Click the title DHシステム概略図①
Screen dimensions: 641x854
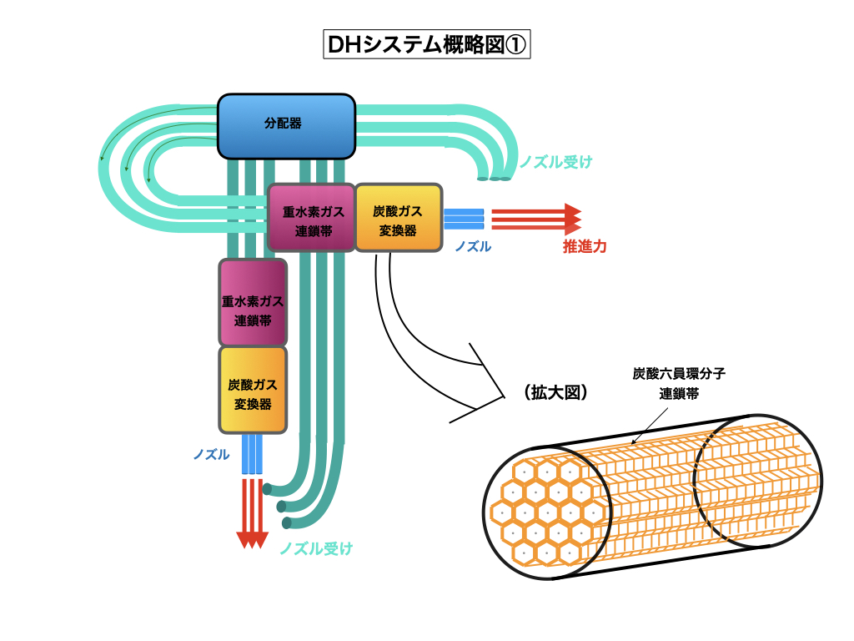[425, 45]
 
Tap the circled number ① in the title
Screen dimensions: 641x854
[515, 45]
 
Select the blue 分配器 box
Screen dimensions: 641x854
[286, 126]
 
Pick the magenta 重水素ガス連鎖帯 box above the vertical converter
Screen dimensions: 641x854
[253, 302]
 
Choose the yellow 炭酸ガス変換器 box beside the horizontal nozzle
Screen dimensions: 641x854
[398, 218]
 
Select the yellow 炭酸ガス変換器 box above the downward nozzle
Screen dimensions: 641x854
[253, 390]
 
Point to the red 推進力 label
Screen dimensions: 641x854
[585, 247]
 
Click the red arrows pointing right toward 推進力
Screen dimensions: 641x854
[535, 218]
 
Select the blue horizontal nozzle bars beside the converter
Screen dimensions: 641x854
[464, 219]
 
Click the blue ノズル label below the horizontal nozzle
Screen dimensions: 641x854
[473, 247]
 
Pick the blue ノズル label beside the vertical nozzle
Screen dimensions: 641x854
[211, 454]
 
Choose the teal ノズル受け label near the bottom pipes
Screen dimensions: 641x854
[316, 548]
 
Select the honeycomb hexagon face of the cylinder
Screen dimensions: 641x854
[547, 512]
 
